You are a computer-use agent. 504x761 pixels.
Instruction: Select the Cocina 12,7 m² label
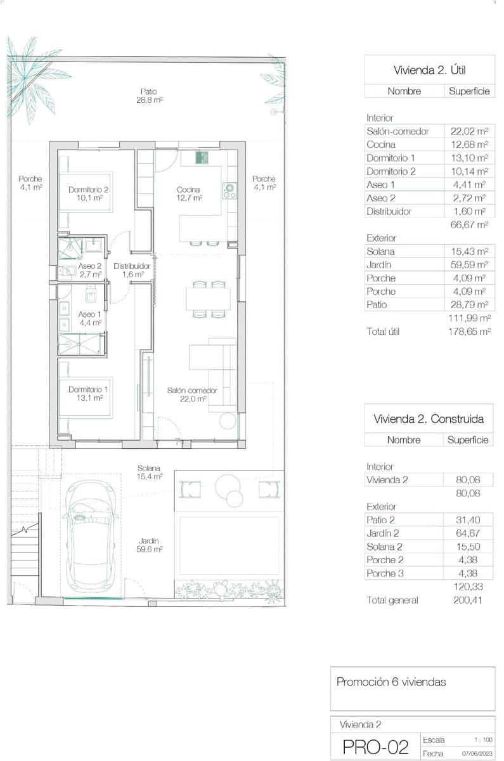pos(189,193)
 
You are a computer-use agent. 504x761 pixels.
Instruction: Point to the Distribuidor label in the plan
pos(132,270)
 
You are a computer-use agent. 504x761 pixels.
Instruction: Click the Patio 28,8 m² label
pos(149,95)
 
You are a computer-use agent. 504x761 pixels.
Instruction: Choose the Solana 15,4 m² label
pos(150,472)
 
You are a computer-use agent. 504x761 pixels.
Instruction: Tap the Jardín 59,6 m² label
pos(150,545)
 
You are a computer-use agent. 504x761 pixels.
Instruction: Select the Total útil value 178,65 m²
pos(468,331)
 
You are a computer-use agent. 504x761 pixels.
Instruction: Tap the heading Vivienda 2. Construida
pos(429,419)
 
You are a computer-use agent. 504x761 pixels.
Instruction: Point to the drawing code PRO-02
pos(375,747)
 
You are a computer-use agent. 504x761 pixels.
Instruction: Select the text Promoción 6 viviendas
pos(391,682)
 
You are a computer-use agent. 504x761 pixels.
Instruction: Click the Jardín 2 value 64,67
pos(468,533)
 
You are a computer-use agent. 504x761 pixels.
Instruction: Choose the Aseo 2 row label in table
pos(380,198)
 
